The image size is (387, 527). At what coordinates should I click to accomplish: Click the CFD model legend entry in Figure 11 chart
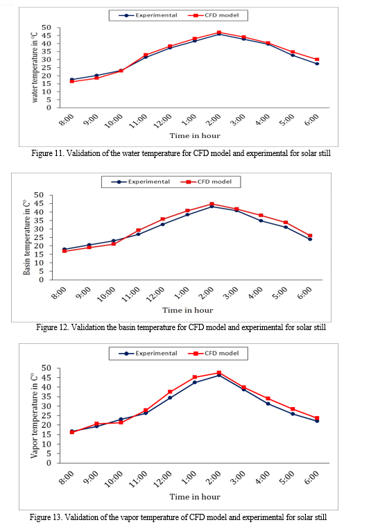(x=213, y=15)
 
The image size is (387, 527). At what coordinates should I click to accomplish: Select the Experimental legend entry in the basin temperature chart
(x=141, y=182)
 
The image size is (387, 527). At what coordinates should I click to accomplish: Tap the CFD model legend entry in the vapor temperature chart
(x=213, y=353)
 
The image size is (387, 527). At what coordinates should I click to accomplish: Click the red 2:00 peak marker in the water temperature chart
(x=219, y=33)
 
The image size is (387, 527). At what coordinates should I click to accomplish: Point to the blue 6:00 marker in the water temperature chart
(x=317, y=64)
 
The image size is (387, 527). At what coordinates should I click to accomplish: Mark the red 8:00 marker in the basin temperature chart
(x=64, y=251)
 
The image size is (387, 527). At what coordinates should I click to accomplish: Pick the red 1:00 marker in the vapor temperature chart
(x=195, y=377)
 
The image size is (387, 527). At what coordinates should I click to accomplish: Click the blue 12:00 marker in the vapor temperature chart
(x=170, y=397)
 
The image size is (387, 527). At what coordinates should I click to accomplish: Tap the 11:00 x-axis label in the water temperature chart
(x=138, y=121)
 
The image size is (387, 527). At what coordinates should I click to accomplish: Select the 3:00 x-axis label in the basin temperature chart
(x=231, y=293)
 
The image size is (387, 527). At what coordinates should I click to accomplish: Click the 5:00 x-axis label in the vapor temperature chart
(x=287, y=478)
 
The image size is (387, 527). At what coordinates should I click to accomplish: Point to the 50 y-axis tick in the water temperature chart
(x=46, y=28)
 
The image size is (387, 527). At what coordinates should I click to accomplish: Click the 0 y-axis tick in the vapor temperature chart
(x=49, y=463)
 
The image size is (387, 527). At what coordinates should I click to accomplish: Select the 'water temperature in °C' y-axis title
(x=35, y=67)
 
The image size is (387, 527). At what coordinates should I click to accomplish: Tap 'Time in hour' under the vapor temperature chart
(x=195, y=496)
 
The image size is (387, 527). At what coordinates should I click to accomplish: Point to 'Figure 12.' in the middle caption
(x=53, y=327)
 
